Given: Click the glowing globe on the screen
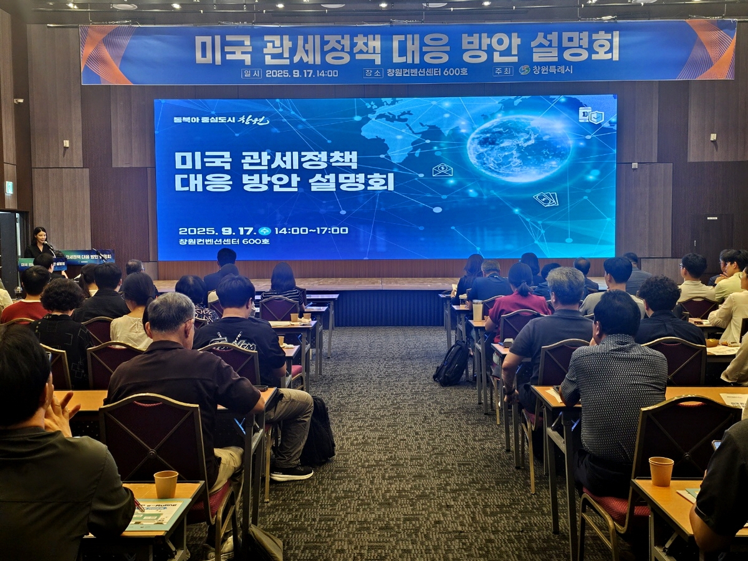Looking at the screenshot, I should (519, 148).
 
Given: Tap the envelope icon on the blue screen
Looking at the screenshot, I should (442, 170).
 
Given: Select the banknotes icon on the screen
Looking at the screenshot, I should (545, 199).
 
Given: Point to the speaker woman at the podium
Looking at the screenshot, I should (39, 242).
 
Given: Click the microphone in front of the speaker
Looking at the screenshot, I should (49, 246).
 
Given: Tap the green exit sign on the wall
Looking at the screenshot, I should (9, 187).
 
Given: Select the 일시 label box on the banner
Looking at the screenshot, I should (251, 73).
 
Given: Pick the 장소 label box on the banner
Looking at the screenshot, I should (373, 72).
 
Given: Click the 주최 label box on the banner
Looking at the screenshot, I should (502, 71).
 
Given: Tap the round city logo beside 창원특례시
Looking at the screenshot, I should (524, 70).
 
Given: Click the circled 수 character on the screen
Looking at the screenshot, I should (264, 231).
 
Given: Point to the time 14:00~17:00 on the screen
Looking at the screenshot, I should (311, 231).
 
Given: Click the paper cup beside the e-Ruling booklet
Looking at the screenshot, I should (166, 484).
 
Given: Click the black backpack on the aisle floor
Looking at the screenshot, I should (452, 363).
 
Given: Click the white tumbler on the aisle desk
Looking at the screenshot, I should (477, 310).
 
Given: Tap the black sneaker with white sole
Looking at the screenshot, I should (291, 472).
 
